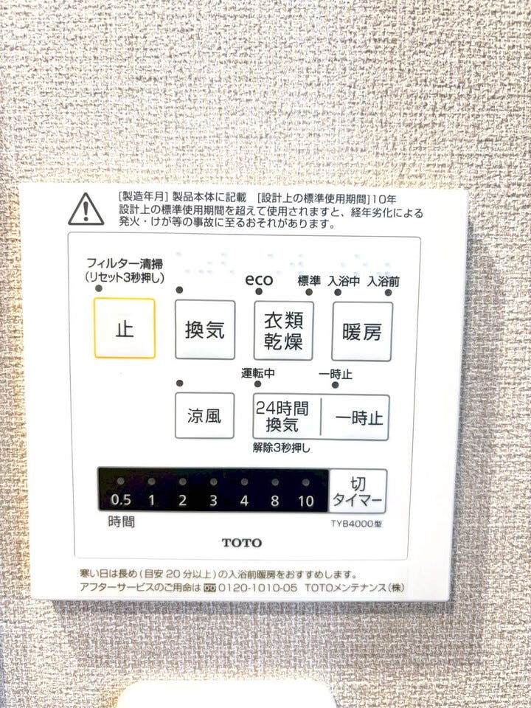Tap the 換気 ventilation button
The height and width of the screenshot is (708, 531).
tap(205, 330)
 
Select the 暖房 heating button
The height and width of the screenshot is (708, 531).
tap(362, 332)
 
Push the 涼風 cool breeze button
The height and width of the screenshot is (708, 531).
tap(204, 415)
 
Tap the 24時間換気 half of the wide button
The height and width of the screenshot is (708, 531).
tap(286, 417)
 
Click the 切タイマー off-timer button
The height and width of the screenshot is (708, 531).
tap(358, 491)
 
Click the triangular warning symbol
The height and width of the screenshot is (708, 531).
tap(86, 209)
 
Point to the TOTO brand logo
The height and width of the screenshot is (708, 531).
tap(242, 542)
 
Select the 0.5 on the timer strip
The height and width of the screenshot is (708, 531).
tap(120, 500)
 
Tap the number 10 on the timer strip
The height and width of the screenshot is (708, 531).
tap(305, 501)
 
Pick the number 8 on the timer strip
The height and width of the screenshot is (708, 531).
tap(274, 501)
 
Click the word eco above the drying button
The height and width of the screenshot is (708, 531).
tap(259, 280)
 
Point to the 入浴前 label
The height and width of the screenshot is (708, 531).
tap(383, 282)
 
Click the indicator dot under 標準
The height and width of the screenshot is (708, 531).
tap(309, 292)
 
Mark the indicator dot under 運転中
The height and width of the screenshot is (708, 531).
tap(257, 384)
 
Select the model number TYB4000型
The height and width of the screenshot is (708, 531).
tap(356, 524)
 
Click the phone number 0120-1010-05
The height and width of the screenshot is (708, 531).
tap(258, 588)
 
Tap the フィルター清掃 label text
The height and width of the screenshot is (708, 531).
tap(125, 263)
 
